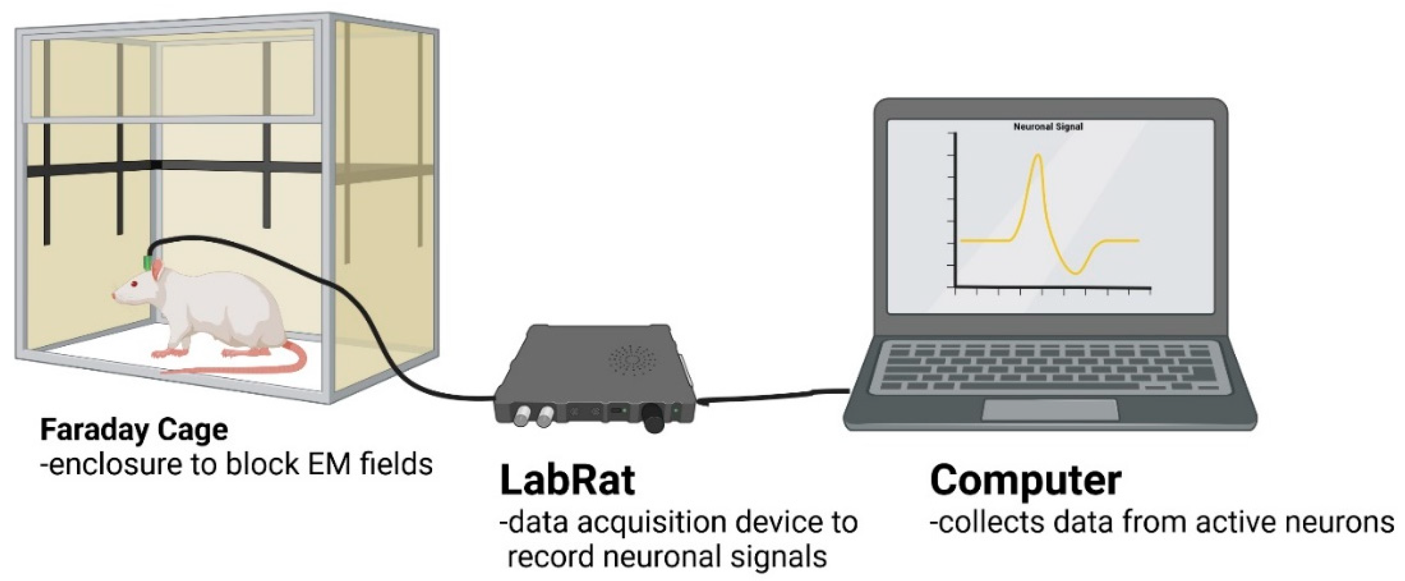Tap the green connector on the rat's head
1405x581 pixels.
[x=148, y=262]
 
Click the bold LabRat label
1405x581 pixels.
[x=567, y=480]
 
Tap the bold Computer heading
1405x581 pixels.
[x=1025, y=480]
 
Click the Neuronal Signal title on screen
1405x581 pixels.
[x=1048, y=127]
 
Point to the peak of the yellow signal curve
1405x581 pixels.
[x=1038, y=156]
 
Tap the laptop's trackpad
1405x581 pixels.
[x=1050, y=410]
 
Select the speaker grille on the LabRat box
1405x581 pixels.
[x=633, y=360]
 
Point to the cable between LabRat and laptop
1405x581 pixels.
[x=775, y=395]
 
